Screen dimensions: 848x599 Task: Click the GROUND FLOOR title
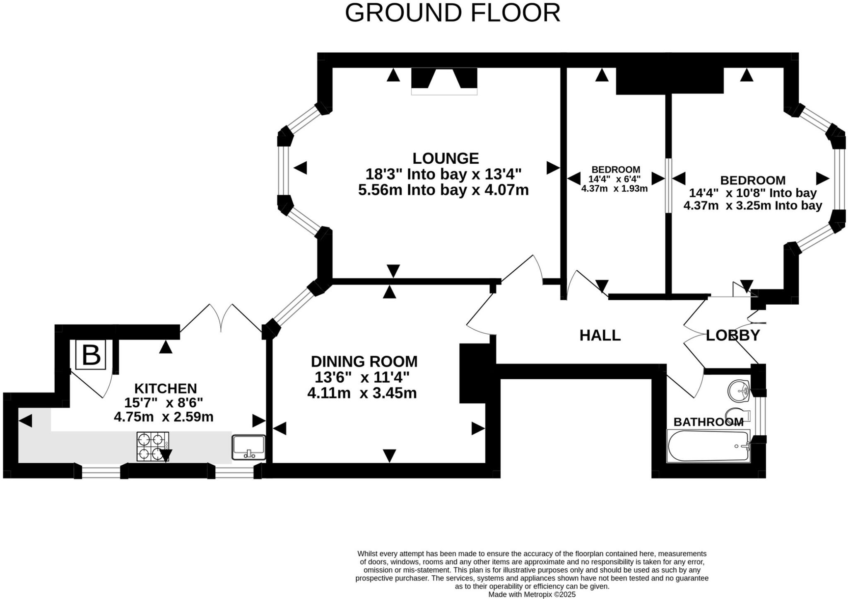tap(453, 13)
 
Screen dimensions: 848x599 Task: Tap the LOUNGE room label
tap(446, 158)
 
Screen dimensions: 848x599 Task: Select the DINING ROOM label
tap(364, 361)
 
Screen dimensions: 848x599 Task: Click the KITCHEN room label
tap(166, 388)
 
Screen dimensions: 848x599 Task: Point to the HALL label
tap(600, 335)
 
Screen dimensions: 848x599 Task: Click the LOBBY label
tap(733, 335)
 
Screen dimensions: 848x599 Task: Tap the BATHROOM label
tap(708, 422)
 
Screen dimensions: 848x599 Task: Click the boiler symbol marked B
tap(91, 355)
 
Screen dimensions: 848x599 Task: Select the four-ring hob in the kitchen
tap(153, 446)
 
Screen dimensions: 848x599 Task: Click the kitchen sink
tap(248, 447)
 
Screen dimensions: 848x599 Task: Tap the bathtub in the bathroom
tap(708, 446)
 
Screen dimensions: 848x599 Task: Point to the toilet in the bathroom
tap(738, 415)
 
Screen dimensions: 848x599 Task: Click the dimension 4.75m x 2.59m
tap(164, 417)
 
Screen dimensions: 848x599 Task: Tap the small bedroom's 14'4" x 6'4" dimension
tap(614, 179)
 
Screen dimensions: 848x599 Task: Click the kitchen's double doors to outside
tap(221, 318)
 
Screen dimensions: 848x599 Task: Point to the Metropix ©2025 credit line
tap(532, 594)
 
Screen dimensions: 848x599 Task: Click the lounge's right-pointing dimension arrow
tap(553, 168)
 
